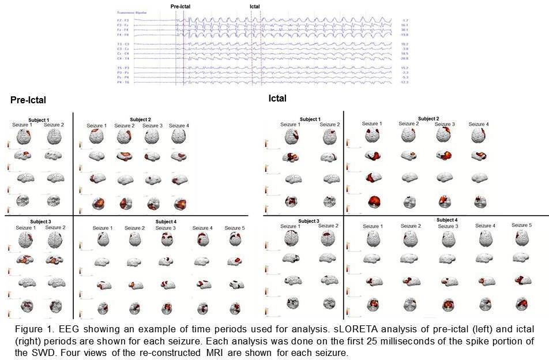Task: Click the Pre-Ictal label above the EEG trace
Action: (181, 6)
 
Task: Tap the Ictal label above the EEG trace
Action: (254, 6)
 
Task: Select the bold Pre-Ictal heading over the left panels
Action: (28, 100)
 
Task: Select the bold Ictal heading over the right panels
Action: (277, 99)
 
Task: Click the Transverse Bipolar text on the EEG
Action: (131, 12)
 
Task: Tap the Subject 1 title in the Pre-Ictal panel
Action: (39, 119)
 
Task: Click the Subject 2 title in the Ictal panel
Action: (428, 119)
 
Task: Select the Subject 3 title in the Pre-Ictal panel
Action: (39, 222)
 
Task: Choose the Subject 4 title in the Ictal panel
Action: (447, 220)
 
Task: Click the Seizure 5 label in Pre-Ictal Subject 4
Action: (235, 228)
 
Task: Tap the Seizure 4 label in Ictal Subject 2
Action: (479, 124)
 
